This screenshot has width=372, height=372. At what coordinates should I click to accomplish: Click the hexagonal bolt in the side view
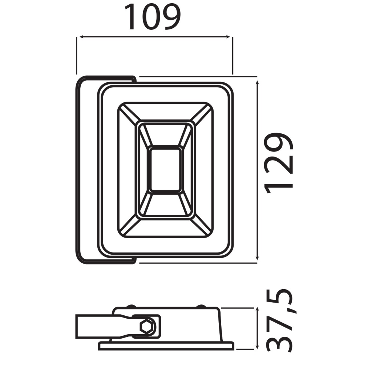click(x=147, y=327)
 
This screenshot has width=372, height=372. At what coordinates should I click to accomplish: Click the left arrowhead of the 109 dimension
click(x=81, y=37)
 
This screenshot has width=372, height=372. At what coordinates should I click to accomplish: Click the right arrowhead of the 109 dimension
click(x=228, y=37)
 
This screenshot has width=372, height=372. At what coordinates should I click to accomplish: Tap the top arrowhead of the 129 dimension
click(x=257, y=83)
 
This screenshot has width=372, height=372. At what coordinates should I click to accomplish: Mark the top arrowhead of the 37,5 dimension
click(x=257, y=310)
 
